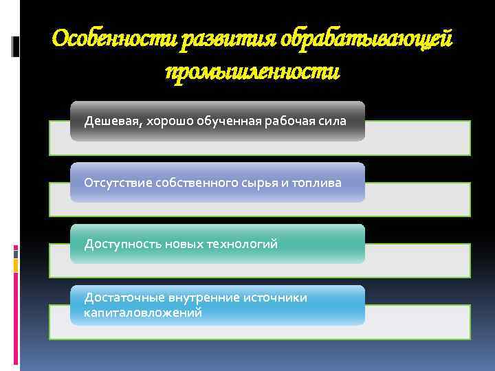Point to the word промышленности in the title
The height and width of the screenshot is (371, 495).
[252, 72]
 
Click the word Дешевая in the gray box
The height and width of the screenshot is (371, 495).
[108, 122]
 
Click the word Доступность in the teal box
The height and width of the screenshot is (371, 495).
[118, 244]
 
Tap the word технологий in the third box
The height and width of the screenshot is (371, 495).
[245, 244]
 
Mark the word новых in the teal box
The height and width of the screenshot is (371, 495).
[182, 244]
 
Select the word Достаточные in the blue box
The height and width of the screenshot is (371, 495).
[120, 297]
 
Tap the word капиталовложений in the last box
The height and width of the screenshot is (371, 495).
[142, 313]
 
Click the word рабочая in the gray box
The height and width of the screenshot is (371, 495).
[280, 122]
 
